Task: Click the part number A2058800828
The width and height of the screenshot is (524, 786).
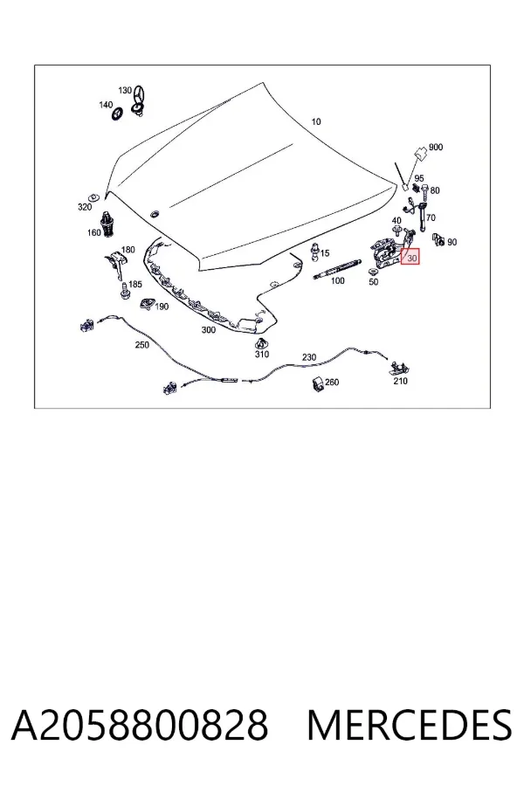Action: click(x=140, y=725)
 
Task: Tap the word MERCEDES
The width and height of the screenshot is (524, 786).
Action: click(x=410, y=725)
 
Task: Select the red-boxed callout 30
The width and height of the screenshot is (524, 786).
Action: click(x=410, y=257)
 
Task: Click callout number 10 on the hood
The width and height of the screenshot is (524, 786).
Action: click(x=316, y=121)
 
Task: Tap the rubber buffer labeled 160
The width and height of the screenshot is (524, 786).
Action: click(x=107, y=224)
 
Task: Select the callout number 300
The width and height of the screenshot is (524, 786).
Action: click(x=209, y=330)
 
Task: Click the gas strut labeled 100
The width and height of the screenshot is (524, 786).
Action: click(x=336, y=268)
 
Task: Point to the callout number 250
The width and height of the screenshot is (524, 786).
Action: click(x=141, y=345)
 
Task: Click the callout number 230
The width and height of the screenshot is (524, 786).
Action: click(x=309, y=357)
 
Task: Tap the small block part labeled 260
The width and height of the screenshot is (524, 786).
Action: click(x=318, y=384)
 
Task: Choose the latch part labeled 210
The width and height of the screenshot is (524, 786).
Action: click(x=400, y=369)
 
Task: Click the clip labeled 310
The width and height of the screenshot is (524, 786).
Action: click(x=261, y=343)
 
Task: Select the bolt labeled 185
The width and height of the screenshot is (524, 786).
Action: click(x=124, y=291)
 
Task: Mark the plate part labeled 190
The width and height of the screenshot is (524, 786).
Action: click(x=147, y=303)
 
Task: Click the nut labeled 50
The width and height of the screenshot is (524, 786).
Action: click(x=374, y=272)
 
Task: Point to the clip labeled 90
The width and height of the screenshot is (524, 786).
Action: click(x=438, y=240)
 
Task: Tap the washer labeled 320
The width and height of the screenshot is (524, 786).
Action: click(x=93, y=196)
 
